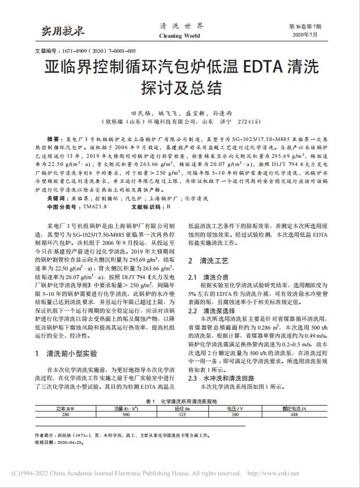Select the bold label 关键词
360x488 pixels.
coord(56,198)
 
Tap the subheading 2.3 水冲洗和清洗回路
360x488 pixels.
coord(224,377)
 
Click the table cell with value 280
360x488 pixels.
coord(65,414)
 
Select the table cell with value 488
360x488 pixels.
coord(294,414)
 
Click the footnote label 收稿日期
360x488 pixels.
coord(46,441)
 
